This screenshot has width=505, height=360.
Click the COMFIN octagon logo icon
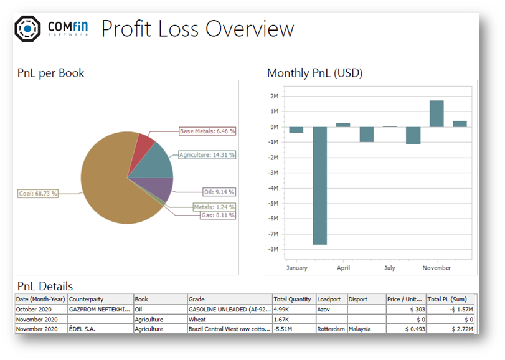pos(28,28)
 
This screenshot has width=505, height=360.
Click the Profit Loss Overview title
pos(197,29)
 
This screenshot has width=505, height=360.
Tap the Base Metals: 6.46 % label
pos(207,131)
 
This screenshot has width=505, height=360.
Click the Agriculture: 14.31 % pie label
pos(207,154)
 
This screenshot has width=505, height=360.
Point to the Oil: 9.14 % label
pos(219,192)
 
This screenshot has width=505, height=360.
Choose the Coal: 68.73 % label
pos(38,194)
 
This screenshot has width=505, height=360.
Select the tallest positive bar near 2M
pos(437,113)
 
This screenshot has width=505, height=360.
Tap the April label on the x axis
pos(343,268)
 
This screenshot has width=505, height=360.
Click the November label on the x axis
pos(437,268)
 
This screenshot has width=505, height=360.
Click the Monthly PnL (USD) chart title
pos(314,73)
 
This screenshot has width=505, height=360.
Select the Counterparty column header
pos(87,299)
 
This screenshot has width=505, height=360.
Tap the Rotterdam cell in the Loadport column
pos(331,329)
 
